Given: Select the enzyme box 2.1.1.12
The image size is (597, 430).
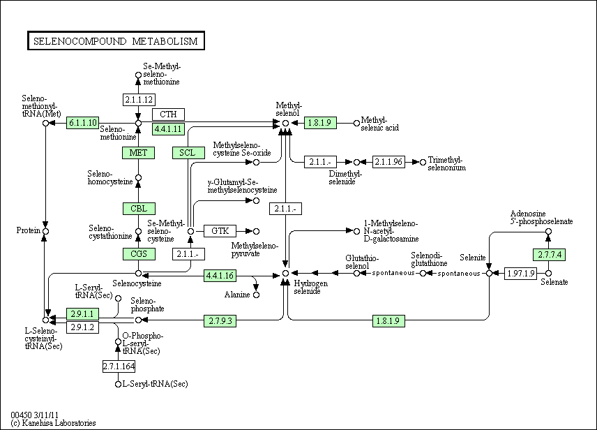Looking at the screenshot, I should (138, 99).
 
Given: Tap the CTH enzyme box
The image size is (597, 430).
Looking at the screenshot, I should (168, 114).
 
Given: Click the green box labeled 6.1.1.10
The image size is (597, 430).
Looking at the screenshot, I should (83, 123).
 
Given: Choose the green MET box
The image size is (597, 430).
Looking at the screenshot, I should (138, 153).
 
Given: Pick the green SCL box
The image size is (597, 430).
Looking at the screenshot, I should (188, 153).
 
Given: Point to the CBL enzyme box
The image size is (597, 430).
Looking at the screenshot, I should (138, 209).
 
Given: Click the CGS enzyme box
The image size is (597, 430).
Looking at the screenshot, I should (138, 254).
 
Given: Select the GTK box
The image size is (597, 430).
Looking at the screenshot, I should (220, 230).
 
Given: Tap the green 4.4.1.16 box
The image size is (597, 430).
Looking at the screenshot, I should (220, 276).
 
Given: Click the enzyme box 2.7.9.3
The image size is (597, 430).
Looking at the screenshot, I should (220, 320).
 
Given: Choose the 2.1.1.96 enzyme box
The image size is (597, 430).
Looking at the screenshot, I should (388, 162).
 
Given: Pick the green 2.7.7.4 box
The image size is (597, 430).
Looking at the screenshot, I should (548, 254).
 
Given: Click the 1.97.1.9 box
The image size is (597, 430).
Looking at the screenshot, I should (521, 273).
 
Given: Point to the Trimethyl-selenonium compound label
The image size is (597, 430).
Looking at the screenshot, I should (446, 163).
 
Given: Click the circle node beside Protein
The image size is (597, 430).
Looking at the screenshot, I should (45, 230).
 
